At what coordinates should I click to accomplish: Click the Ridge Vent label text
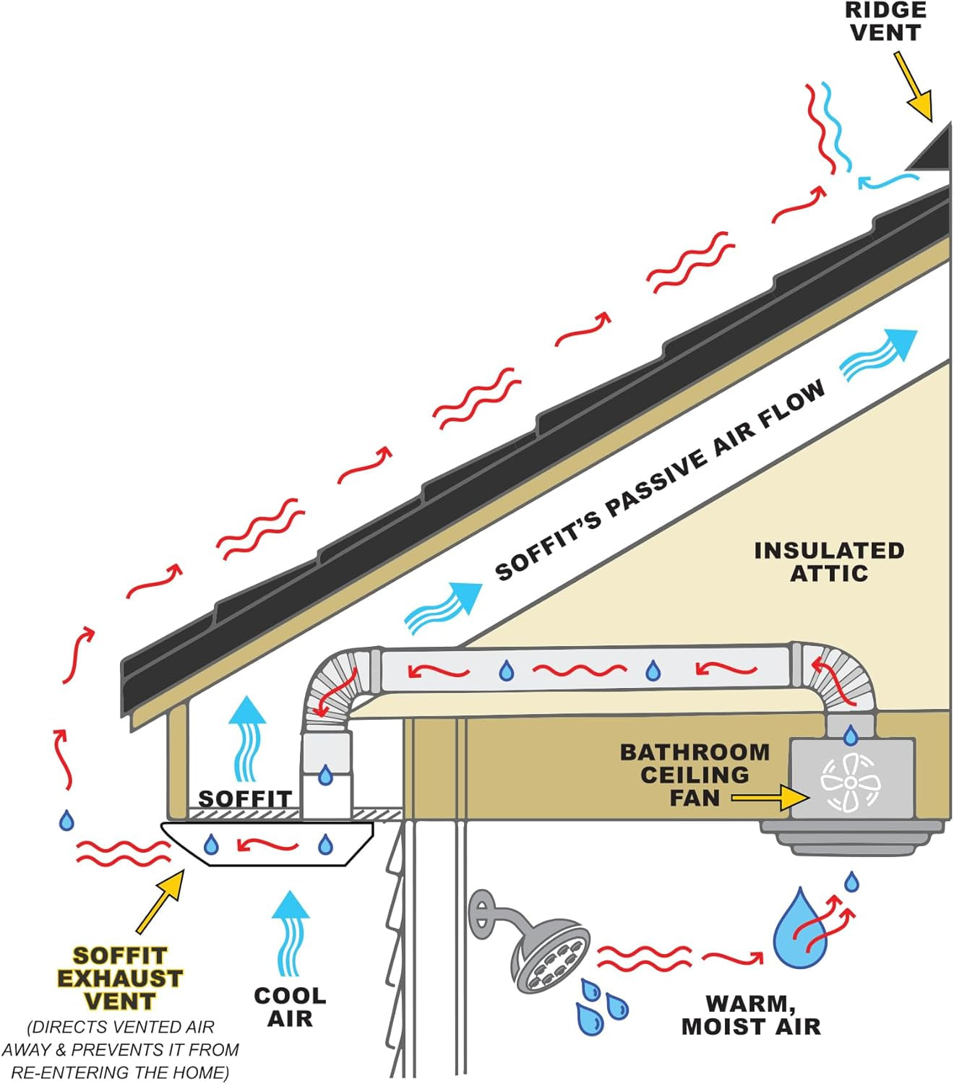885,22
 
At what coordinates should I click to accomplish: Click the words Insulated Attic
829,562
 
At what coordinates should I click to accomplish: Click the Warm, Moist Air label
751,1015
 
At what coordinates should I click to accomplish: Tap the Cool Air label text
290,1007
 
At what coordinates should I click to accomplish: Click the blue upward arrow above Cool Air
291,932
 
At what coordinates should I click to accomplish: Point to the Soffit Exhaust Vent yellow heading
120,978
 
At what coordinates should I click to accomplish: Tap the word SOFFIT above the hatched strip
244,799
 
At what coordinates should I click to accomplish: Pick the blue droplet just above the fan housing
851,736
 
